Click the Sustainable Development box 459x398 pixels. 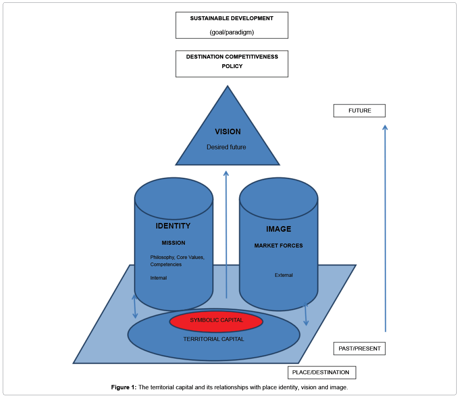pyautogui.click(x=232, y=25)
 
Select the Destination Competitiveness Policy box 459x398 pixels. pyautogui.click(x=232, y=63)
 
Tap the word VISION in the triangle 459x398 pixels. pyautogui.click(x=228, y=132)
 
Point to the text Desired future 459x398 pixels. pyautogui.click(x=226, y=147)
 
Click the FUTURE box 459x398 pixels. pyautogui.click(x=359, y=111)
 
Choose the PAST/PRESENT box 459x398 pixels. pyautogui.click(x=359, y=348)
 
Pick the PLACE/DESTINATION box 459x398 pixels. pyautogui.click(x=321, y=372)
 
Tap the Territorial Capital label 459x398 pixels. pyautogui.click(x=213, y=339)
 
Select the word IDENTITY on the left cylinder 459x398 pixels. pyautogui.click(x=173, y=226)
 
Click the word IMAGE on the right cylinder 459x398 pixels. pyautogui.click(x=278, y=229)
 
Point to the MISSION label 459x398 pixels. pyautogui.click(x=173, y=243)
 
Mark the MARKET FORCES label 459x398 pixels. pyautogui.click(x=278, y=246)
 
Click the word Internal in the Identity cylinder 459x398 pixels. pyautogui.click(x=158, y=278)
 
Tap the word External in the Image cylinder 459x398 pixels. pyautogui.click(x=284, y=275)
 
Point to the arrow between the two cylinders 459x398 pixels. pyautogui.click(x=226, y=234)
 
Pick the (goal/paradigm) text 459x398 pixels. pyautogui.click(x=232, y=32)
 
